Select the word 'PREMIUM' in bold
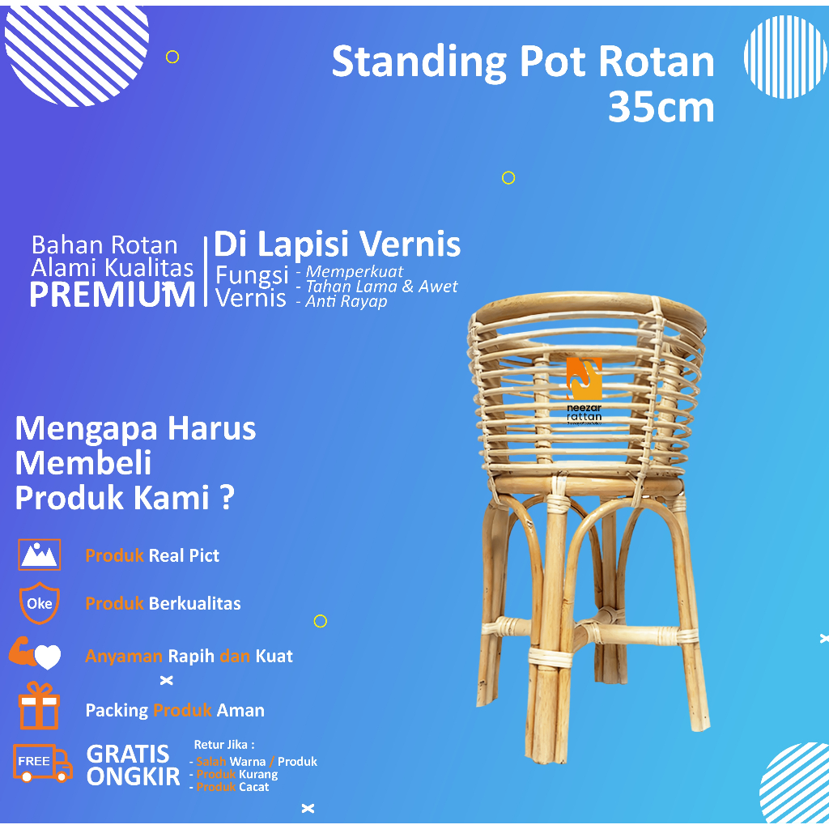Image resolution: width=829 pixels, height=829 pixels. pos(113,295)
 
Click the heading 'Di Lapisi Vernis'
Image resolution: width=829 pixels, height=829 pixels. pos(337,244)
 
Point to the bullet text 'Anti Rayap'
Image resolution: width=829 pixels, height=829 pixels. pos(346,302)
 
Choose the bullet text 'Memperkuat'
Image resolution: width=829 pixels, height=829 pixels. pos(354,272)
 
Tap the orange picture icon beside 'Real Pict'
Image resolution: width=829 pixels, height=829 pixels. pos(39,555)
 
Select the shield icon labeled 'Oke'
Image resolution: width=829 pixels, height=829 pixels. pos(39,603)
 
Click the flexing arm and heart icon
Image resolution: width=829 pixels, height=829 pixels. pos(35,654)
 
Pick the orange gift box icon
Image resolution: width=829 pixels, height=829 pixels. pos(39,706)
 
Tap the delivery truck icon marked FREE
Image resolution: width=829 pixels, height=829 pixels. pos(42,763)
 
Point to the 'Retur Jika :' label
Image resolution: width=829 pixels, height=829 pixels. pos(224,745)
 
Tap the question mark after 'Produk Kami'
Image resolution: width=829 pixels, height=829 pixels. pos(227,499)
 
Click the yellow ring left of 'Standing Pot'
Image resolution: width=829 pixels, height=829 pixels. pos(172,57)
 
